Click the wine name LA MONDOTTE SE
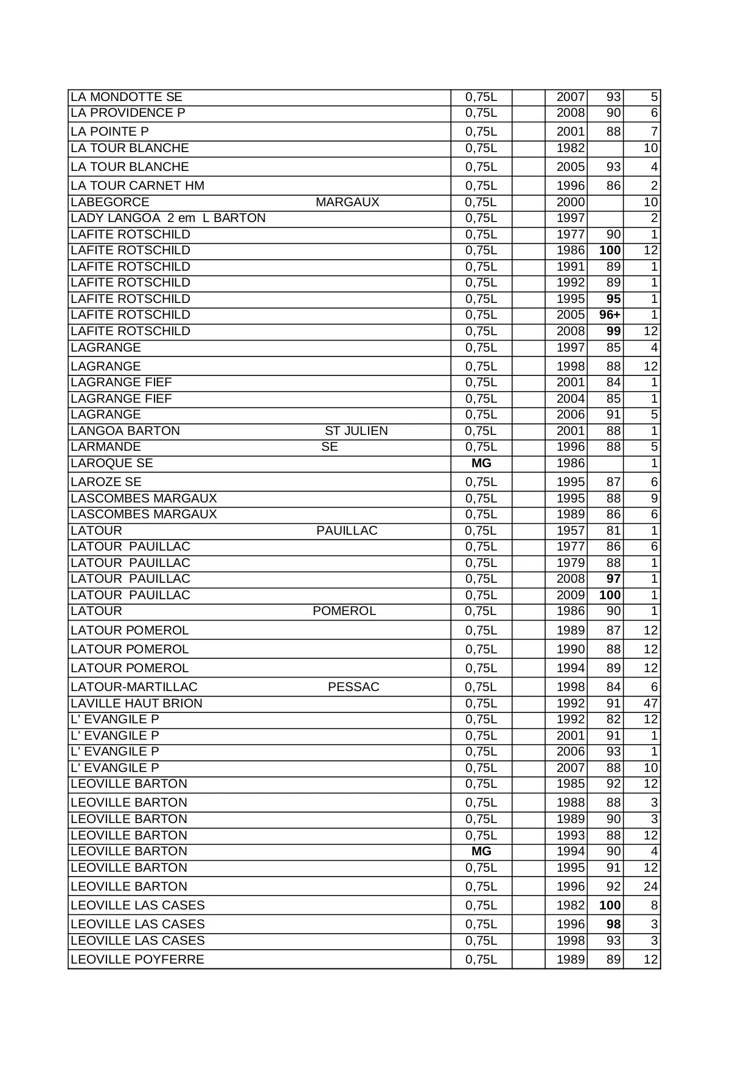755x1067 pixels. click(x=126, y=97)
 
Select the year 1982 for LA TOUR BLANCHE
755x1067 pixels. click(x=570, y=148)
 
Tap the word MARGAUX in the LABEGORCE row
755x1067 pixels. click(x=347, y=202)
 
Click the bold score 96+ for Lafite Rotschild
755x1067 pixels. click(x=609, y=315)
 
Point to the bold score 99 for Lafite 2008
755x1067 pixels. click(x=613, y=331)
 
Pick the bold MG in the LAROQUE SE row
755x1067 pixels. click(x=481, y=463)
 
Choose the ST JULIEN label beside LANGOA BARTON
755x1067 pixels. click(x=356, y=431)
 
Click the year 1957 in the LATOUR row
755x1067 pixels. click(x=570, y=530)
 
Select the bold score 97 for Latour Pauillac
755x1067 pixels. click(x=613, y=579)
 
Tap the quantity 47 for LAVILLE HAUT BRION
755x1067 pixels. click(x=650, y=703)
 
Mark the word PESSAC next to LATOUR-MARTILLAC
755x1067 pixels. click(x=353, y=687)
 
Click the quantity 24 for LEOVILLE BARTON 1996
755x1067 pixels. click(x=650, y=886)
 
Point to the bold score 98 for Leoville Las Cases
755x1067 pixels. click(x=613, y=924)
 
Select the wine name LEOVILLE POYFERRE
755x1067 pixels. click(x=137, y=959)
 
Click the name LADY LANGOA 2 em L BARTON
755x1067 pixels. click(x=168, y=218)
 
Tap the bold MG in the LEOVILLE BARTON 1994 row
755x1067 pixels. click(x=481, y=851)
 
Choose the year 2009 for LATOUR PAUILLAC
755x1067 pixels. click(x=570, y=595)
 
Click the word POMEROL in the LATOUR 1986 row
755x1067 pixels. click(x=344, y=611)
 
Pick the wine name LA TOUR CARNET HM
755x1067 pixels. click(x=137, y=186)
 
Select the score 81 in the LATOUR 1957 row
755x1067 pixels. click(x=613, y=530)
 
